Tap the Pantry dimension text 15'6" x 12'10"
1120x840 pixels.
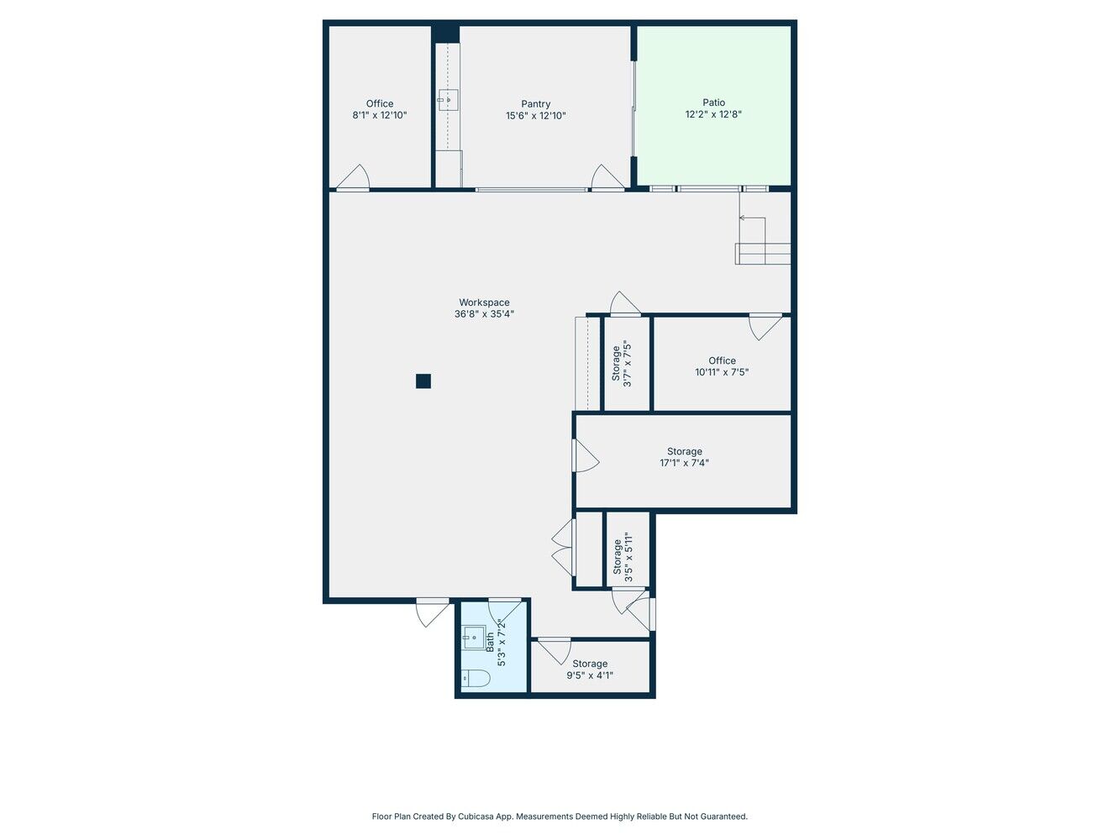pyautogui.click(x=535, y=116)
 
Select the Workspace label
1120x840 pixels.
pyautogui.click(x=484, y=302)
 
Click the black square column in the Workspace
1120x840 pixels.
pyautogui.click(x=423, y=381)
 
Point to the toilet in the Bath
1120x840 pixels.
pyautogui.click(x=476, y=678)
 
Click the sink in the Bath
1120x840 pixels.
pyautogui.click(x=474, y=638)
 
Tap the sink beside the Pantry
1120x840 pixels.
pyautogui.click(x=448, y=100)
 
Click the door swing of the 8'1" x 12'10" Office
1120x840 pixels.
pyautogui.click(x=353, y=176)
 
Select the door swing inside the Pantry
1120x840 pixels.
pyautogui.click(x=607, y=176)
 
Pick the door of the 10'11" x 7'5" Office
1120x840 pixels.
pyautogui.click(x=765, y=327)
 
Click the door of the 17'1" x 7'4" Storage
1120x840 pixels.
pyautogui.click(x=586, y=455)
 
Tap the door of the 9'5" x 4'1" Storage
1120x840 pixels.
pyautogui.click(x=555, y=651)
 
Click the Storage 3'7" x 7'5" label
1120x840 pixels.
pyautogui.click(x=622, y=364)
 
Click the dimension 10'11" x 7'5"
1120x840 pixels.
pyautogui.click(x=722, y=372)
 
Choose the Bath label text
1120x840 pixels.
pyautogui.click(x=490, y=642)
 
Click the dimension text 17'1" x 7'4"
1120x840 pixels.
pyautogui.click(x=684, y=463)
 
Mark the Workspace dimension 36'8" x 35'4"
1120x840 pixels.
pyautogui.click(x=484, y=314)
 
